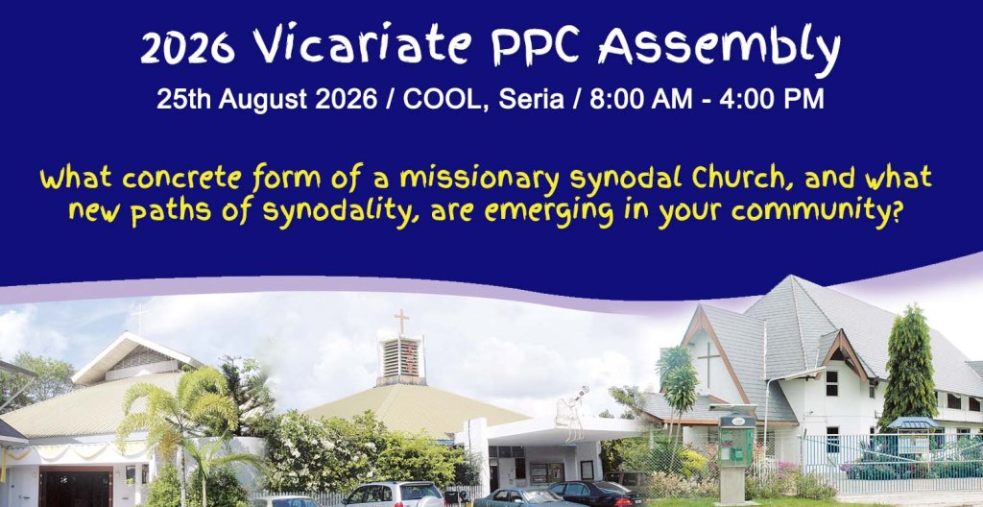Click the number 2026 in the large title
(187, 48)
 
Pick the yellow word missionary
(480, 180)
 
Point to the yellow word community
(817, 212)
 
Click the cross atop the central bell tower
(402, 322)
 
